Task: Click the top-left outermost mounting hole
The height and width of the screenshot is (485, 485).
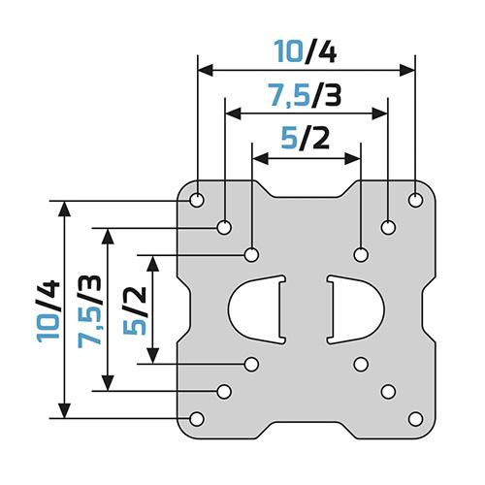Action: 197,200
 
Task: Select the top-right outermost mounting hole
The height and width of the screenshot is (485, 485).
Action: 415,200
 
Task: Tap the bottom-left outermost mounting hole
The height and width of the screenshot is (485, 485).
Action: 197,419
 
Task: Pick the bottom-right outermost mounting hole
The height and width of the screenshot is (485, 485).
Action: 415,419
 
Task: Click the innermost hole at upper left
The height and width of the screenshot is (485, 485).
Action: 251,255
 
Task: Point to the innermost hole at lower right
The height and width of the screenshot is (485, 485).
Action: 361,365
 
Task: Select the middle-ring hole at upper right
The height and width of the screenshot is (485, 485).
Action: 388,227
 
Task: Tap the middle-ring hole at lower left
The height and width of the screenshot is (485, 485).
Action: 224,392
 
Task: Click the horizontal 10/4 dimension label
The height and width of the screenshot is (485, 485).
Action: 306,51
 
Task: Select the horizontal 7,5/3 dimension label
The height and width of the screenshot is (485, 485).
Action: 306,95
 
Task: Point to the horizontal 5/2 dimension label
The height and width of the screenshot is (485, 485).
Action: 306,138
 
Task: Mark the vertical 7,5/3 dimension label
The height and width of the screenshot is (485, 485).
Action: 89,311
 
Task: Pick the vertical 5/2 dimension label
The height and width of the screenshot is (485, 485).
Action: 135,311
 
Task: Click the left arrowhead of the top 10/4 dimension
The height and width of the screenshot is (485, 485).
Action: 206,70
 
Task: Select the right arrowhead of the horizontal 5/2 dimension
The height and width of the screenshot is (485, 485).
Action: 352,159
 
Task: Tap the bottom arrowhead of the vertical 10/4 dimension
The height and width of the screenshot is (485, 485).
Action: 65,410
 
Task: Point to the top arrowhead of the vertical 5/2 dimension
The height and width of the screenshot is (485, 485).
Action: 152,263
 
